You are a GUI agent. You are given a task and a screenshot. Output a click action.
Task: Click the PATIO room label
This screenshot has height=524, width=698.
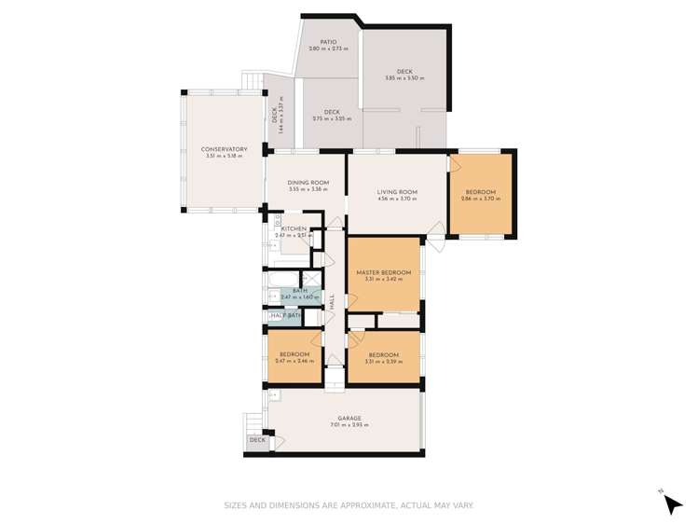coord(328,42)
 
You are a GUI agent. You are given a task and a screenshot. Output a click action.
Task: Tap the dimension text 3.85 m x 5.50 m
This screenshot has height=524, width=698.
coord(404,78)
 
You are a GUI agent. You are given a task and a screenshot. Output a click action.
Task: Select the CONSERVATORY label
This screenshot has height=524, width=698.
coord(225,149)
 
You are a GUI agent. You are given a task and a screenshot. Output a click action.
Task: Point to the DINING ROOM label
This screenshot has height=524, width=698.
coord(308,183)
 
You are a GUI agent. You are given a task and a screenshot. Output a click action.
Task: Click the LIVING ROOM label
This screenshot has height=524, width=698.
coord(397,192)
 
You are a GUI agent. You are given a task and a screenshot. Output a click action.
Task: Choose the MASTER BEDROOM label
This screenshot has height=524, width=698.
coord(383,272)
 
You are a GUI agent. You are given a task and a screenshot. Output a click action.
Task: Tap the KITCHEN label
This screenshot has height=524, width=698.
coord(294,229)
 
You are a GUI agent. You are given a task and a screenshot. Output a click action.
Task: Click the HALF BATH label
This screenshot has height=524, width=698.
coord(286,316)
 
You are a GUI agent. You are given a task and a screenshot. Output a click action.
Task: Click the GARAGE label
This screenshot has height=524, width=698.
coord(349,419)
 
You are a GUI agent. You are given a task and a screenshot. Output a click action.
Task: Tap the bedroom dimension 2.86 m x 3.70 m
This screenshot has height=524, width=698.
coord(481,199)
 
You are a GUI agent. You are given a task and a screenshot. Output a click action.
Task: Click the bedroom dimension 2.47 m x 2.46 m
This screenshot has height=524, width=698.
coord(294,361)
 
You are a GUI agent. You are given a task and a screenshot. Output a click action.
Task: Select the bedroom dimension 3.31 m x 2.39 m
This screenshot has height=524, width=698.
coord(383,362)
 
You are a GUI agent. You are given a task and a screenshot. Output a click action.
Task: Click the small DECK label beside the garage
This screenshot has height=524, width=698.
coord(257,440)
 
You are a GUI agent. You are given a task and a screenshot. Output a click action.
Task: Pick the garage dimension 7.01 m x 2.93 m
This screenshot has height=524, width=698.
coord(349,425)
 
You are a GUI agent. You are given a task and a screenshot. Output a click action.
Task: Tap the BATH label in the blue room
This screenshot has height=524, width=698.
coord(300,291)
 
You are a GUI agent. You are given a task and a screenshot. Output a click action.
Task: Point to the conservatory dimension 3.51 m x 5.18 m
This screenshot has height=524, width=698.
coord(225,156)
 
